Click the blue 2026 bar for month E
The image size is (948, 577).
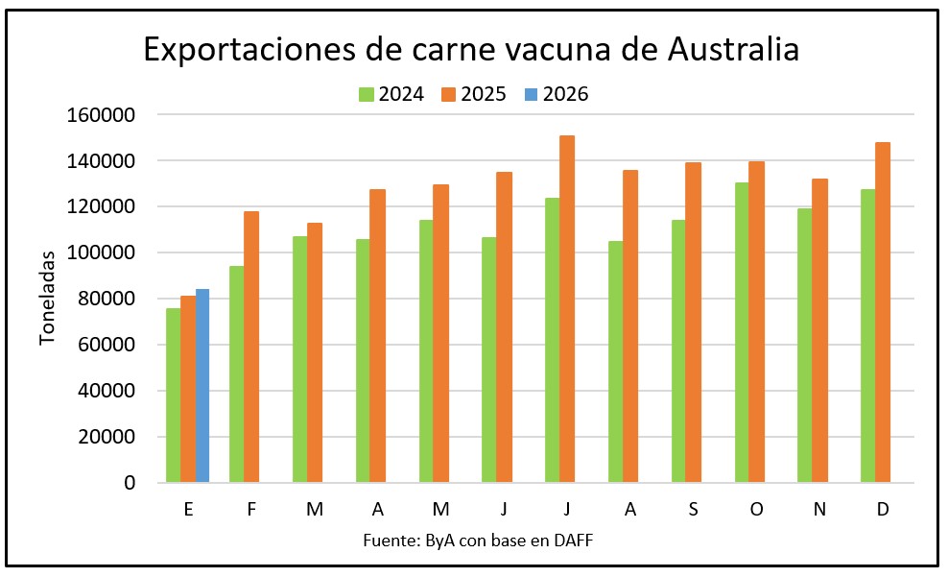(202, 385)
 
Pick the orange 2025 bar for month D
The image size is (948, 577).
(883, 312)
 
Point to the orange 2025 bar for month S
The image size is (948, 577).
(694, 322)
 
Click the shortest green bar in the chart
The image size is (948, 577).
(173, 395)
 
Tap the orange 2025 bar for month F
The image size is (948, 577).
(251, 346)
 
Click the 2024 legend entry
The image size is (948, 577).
(391, 94)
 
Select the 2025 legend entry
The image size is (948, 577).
(473, 94)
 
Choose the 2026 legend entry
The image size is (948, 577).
(555, 94)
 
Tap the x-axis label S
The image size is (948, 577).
(694, 510)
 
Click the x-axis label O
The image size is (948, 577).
(756, 510)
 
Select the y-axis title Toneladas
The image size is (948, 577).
(48, 298)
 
